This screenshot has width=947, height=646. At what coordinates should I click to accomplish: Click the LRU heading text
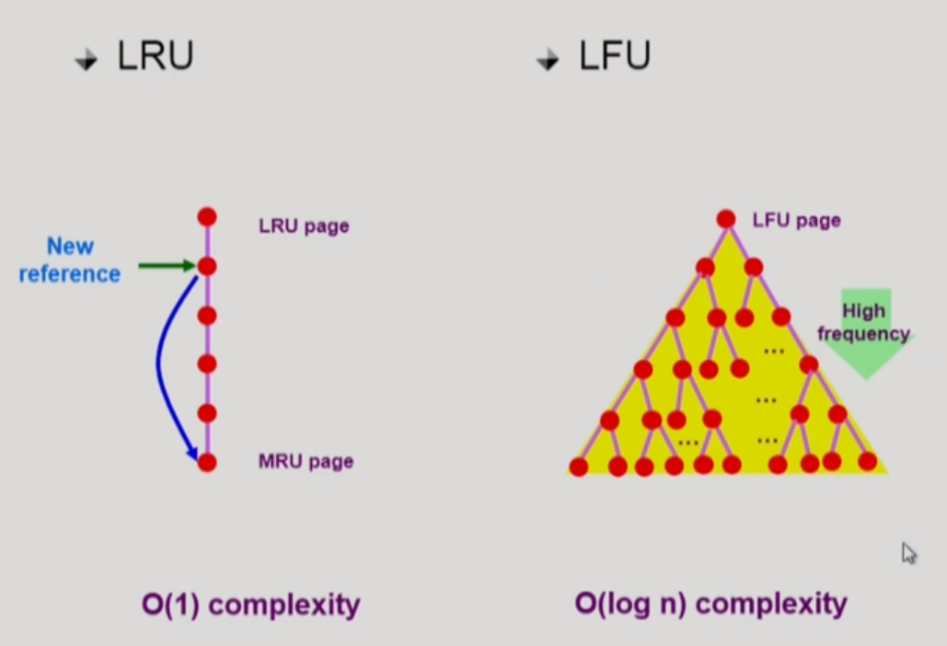click(x=155, y=57)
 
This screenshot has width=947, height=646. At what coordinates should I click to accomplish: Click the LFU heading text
click(x=614, y=57)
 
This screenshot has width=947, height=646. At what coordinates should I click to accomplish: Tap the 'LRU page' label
click(x=304, y=225)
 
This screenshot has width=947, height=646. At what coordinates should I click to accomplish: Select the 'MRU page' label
click(x=306, y=462)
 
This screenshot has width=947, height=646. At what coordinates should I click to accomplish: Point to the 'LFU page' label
click(x=796, y=221)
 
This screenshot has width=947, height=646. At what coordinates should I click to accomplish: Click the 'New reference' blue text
click(x=70, y=260)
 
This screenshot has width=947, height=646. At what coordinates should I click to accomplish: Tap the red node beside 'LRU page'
click(x=207, y=217)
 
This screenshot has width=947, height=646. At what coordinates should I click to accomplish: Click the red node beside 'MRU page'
click(x=207, y=462)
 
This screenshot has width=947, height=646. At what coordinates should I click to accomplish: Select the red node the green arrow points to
click(x=207, y=267)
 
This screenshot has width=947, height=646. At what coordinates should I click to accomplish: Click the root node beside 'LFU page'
click(x=726, y=219)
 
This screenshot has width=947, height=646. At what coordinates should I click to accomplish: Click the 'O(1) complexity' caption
click(x=250, y=606)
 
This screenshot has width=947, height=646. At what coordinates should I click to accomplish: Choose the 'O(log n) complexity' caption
click(x=710, y=605)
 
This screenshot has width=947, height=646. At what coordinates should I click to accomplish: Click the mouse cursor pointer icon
click(x=908, y=552)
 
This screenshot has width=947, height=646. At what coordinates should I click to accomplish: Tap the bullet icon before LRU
click(x=87, y=62)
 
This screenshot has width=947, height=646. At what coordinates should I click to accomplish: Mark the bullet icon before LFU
click(x=548, y=62)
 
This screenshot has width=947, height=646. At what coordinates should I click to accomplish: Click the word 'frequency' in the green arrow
click(x=863, y=334)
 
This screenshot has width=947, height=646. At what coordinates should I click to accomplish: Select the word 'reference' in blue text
click(x=70, y=274)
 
